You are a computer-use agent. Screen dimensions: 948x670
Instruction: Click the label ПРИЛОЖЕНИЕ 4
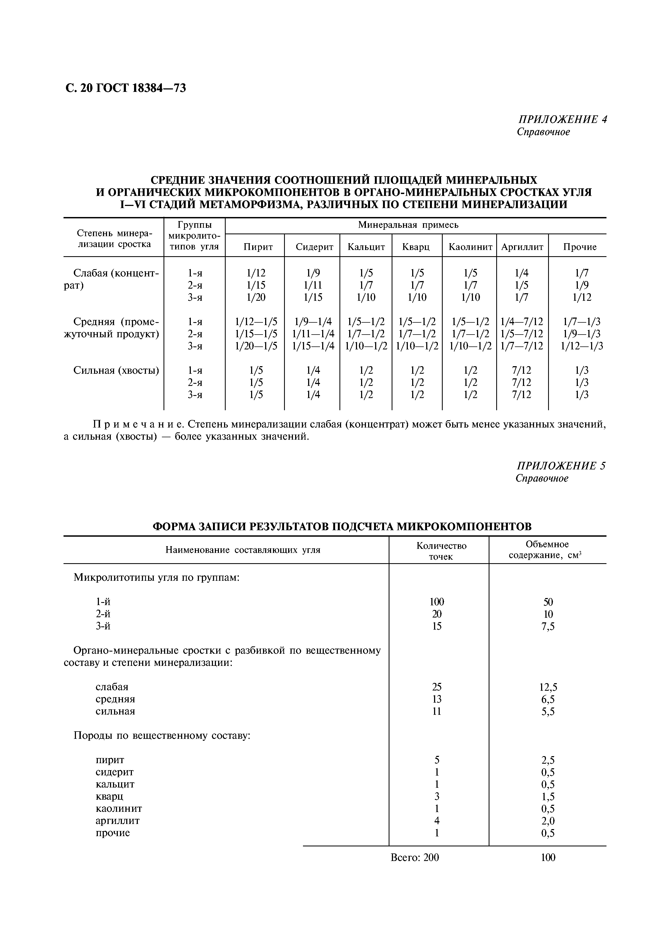point(562,120)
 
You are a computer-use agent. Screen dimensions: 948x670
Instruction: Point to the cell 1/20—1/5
point(256,346)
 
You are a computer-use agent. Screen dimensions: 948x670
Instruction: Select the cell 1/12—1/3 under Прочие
point(581,346)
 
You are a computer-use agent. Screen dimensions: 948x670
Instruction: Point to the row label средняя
point(115,699)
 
